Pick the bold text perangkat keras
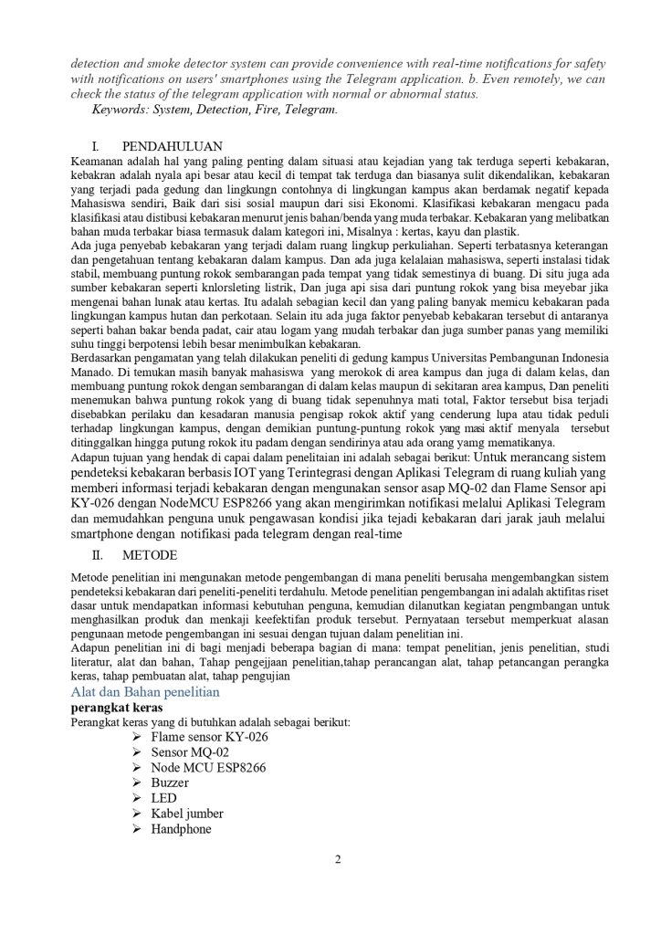point(114,708)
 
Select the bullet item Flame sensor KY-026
point(210,736)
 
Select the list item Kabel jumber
point(187,814)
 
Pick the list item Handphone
point(181,829)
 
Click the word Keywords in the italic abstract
point(123,110)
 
